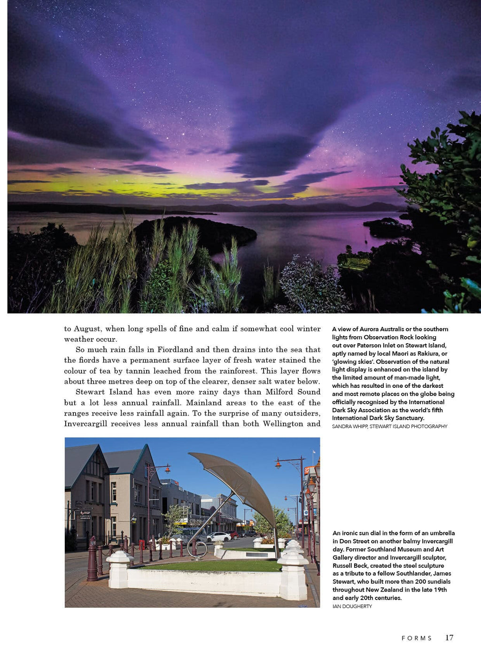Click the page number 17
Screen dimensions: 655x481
[x=449, y=637]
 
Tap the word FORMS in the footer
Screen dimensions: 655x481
[x=417, y=638]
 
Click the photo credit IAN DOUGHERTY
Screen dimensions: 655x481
[x=352, y=606]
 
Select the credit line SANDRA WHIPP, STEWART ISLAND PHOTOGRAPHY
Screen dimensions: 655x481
[x=389, y=426]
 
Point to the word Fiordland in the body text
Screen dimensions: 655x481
[x=175, y=349]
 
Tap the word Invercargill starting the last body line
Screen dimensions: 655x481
[x=85, y=424]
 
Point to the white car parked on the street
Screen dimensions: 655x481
[x=218, y=536]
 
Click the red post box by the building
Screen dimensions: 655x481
[x=141, y=544]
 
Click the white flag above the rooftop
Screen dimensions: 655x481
[x=313, y=452]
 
